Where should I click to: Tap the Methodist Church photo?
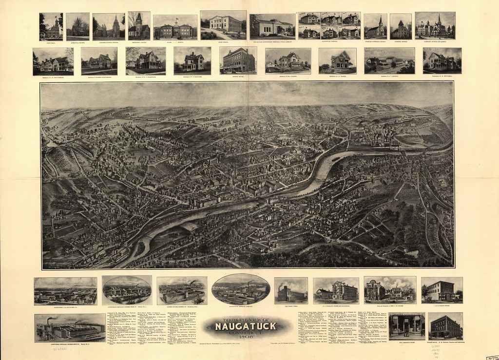click(x=139, y=26)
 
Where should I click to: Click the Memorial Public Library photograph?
click(x=272, y=26)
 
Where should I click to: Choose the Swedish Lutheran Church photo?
click(x=375, y=26)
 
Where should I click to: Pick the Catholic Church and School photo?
click(x=435, y=25)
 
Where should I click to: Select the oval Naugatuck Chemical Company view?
click(x=241, y=289)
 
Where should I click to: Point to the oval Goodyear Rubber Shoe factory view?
click(x=127, y=290)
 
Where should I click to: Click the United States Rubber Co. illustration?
click(x=182, y=290)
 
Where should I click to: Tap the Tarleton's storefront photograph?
click(x=406, y=325)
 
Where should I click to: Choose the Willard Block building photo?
click(x=446, y=325)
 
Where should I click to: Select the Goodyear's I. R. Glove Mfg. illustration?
click(x=65, y=291)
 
